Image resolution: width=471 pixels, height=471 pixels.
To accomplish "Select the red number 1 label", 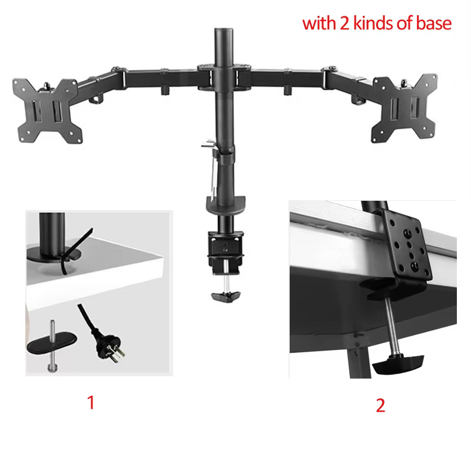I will pos(91,403).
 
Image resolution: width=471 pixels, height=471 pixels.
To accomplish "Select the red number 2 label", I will pos(380,406).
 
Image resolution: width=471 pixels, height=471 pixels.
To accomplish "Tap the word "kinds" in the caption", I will pos(374,24).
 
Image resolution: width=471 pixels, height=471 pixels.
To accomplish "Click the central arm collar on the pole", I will pos(223,77).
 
